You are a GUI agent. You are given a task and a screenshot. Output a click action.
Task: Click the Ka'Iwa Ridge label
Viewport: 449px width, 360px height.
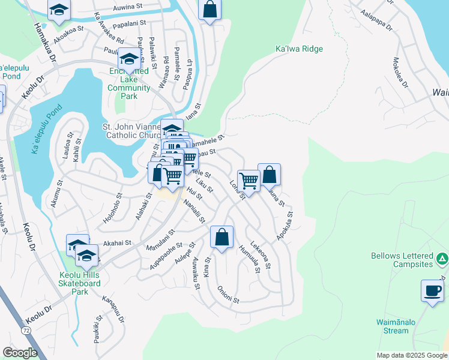pyautogui.click(x=298, y=49)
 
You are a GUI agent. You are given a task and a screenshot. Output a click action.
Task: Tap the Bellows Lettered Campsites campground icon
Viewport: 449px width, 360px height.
pyautogui.click(x=442, y=259)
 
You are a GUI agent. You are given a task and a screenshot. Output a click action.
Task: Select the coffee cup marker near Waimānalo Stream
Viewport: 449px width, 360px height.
pyautogui.click(x=432, y=291)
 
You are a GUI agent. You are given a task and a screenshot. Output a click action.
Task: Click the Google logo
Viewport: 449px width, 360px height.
pyautogui.click(x=20, y=353)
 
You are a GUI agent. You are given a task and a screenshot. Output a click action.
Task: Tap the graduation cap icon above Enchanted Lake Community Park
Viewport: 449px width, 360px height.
pyautogui.click(x=128, y=59)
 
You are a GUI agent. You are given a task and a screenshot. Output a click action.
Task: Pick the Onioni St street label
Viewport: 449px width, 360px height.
pyautogui.click(x=228, y=289)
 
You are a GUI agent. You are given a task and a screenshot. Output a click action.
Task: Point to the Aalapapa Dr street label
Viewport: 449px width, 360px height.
pyautogui.click(x=376, y=20)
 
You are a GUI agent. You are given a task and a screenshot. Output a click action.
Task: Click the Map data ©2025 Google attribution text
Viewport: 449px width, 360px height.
pyautogui.click(x=411, y=355)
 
